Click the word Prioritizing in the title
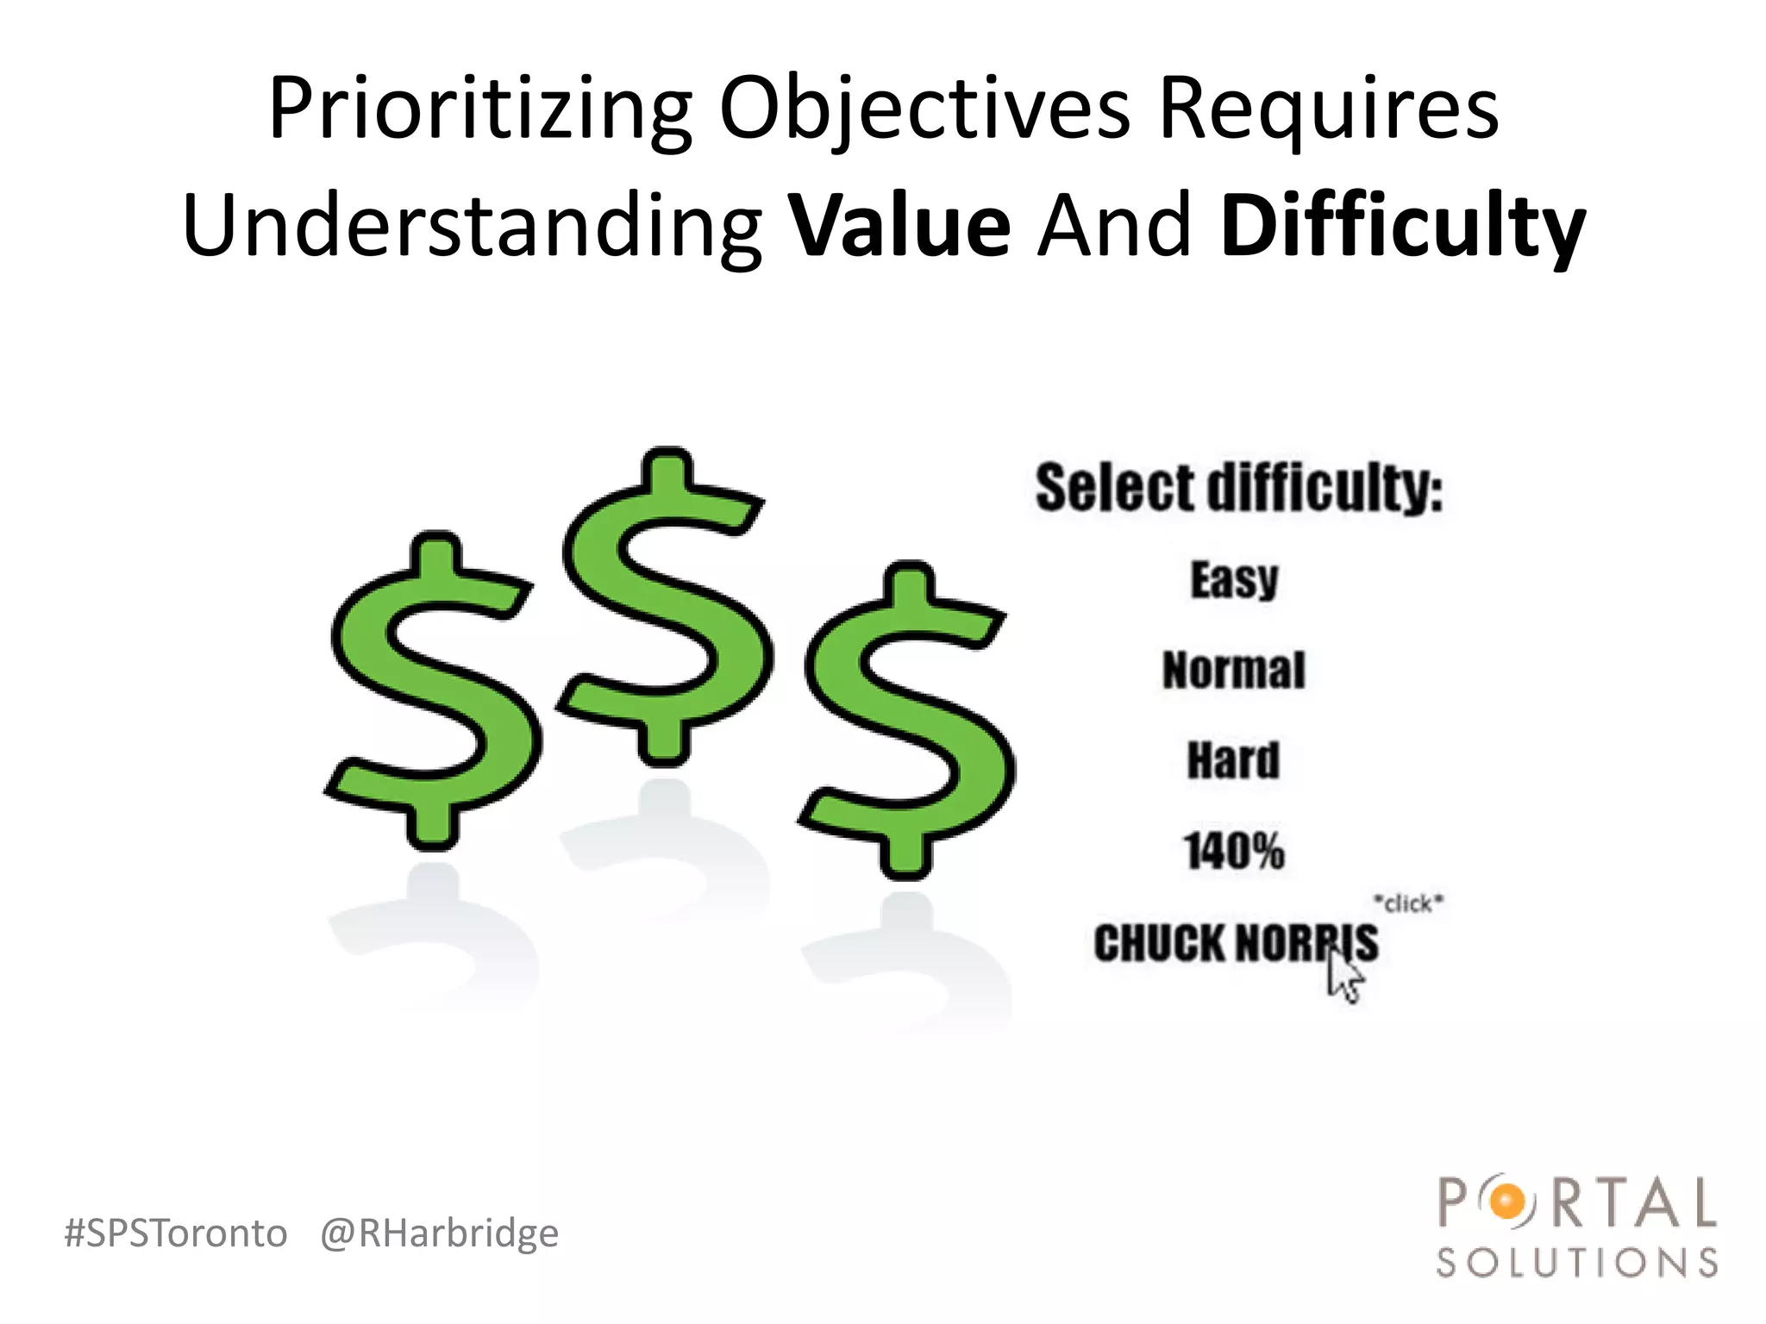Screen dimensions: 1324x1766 479,110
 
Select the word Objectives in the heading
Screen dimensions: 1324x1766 924,110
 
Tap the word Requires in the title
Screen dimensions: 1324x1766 1328,110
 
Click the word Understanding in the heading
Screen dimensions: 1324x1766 473,227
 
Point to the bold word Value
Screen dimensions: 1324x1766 900,227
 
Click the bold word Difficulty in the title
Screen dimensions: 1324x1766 1402,227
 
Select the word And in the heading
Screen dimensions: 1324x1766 1114,227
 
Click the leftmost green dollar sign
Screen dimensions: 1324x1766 433,690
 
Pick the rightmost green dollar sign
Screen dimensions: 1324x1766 907,720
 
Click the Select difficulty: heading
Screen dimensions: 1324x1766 1238,488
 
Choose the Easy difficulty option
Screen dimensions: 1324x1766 1234,579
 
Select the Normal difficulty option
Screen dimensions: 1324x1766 1233,671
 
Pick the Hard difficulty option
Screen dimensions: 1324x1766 1233,761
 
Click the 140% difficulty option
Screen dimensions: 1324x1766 1233,852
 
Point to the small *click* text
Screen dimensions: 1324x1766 1407,903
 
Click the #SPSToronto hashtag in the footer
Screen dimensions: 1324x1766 176,1233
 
